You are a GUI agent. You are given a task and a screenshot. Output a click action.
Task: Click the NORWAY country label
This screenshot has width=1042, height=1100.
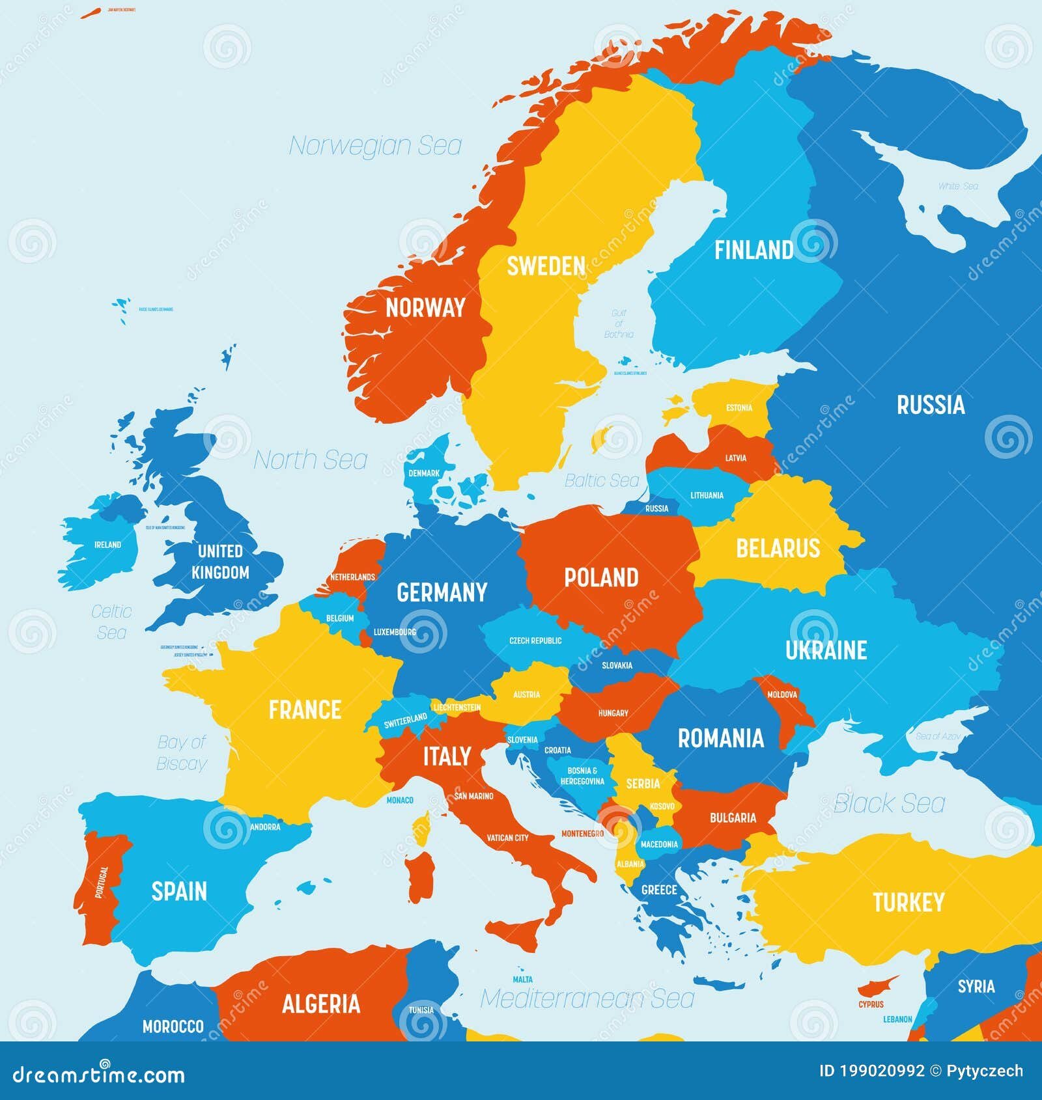pyautogui.click(x=425, y=307)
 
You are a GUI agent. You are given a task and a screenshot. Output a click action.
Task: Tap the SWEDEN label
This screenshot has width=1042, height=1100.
pyautogui.click(x=546, y=266)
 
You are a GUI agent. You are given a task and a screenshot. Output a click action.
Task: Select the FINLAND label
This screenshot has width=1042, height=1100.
pyautogui.click(x=753, y=250)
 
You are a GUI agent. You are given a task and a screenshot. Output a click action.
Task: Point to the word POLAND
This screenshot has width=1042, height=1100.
pyautogui.click(x=600, y=577)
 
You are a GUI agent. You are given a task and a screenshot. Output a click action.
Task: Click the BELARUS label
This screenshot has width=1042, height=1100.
pyautogui.click(x=778, y=548)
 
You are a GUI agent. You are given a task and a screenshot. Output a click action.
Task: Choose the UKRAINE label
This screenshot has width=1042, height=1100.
pyautogui.click(x=826, y=650)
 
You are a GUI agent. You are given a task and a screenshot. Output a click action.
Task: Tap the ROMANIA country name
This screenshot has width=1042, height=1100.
pyautogui.click(x=720, y=738)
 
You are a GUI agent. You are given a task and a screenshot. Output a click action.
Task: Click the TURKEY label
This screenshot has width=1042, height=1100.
pyautogui.click(x=908, y=902)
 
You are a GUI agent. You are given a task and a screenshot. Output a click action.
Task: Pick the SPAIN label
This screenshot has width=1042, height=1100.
pyautogui.click(x=179, y=890)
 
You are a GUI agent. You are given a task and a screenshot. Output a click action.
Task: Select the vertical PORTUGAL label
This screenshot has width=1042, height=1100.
pyautogui.click(x=102, y=883)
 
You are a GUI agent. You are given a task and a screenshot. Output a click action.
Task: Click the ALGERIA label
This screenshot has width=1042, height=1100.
pyautogui.click(x=320, y=1003)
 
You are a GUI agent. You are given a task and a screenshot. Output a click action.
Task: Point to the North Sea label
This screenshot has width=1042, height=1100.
pyautogui.click(x=310, y=460)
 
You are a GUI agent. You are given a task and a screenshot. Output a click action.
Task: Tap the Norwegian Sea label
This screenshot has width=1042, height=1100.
pyautogui.click(x=375, y=145)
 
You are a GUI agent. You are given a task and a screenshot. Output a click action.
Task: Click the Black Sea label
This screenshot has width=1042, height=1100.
pyautogui.click(x=889, y=803)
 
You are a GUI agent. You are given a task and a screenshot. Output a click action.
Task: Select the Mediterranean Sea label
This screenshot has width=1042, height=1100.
pyautogui.click(x=587, y=998)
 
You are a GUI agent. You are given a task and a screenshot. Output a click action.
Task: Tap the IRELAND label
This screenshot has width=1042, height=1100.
pyautogui.click(x=107, y=544)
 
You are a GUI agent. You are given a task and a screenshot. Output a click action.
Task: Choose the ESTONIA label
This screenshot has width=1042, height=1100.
pyautogui.click(x=739, y=408)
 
